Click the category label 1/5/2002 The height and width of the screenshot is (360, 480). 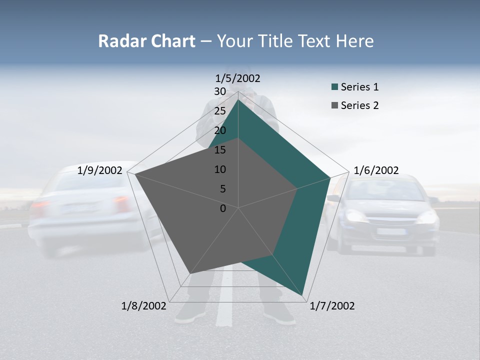coord(238,78)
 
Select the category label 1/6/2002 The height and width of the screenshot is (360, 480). coord(376,170)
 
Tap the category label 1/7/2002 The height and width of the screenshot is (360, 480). coord(332,306)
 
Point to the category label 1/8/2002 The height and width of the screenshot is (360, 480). coord(144,306)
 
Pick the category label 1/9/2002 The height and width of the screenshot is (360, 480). coord(100,170)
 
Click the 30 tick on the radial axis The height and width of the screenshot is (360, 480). coord(220,91)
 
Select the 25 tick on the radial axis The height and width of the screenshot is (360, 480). coord(220,111)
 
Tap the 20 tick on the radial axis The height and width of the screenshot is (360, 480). coord(220,130)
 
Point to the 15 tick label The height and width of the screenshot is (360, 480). coord(220,150)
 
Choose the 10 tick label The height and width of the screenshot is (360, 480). coord(220,169)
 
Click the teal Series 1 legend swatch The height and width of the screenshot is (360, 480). coord(334,87)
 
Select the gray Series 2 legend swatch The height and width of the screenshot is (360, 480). coord(334,105)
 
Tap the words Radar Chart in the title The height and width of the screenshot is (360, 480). coord(146,41)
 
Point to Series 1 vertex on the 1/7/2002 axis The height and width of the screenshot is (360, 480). coord(302,295)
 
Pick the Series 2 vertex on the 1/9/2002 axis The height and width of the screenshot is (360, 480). coord(134,173)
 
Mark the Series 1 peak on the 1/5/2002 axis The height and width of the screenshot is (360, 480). coord(238,99)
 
